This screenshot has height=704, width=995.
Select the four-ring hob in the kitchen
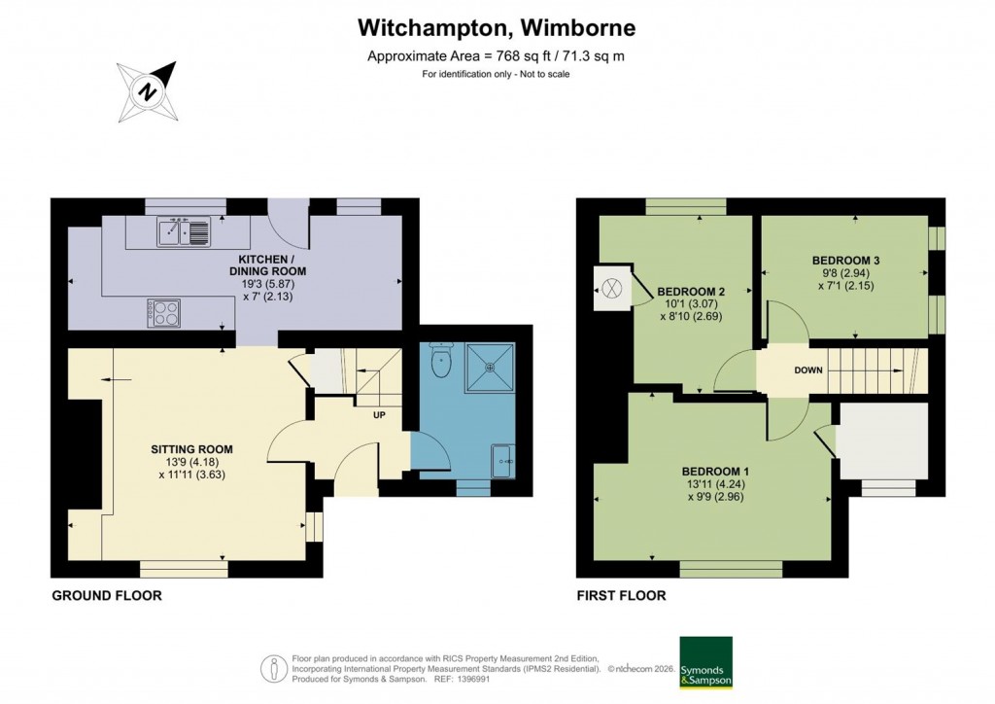[164, 313]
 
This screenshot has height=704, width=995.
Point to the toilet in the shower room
[440, 363]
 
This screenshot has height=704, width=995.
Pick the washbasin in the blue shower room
[504, 460]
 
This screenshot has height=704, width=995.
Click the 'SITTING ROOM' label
[191, 449]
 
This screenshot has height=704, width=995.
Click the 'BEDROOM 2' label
[692, 291]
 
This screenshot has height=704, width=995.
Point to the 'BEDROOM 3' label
[845, 261]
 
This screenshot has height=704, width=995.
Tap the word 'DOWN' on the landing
[808, 370]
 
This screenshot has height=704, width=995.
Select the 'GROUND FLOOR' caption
[106, 595]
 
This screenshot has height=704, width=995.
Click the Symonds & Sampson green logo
[705, 663]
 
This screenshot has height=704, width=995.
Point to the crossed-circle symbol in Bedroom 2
[611, 288]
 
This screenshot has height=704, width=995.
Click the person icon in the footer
[275, 669]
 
